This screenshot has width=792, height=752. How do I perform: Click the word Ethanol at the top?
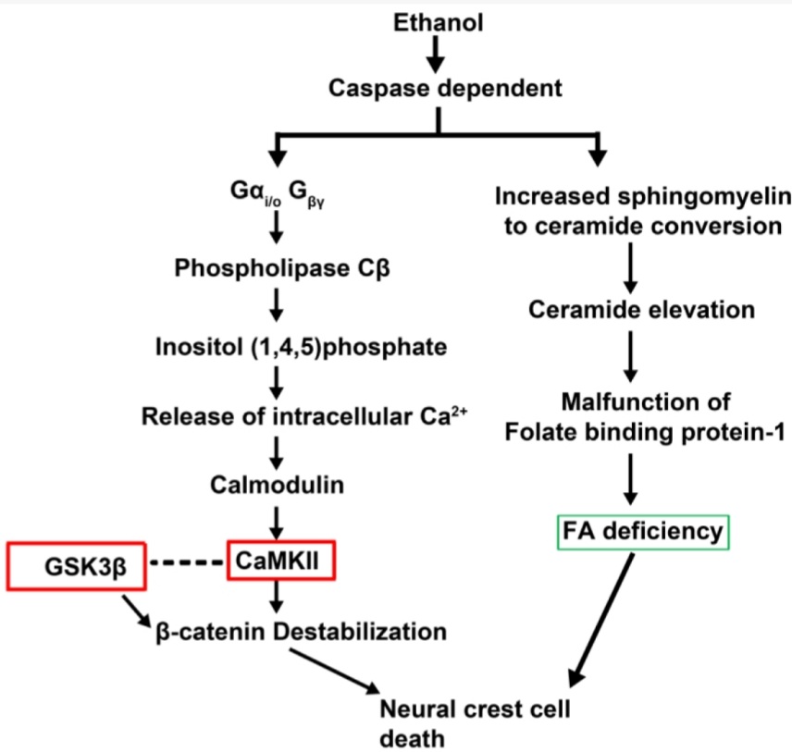pyautogui.click(x=438, y=22)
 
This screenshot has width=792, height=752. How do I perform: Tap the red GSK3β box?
pyautogui.click(x=78, y=565)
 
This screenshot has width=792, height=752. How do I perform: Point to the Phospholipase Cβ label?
pyautogui.click(x=278, y=267)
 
